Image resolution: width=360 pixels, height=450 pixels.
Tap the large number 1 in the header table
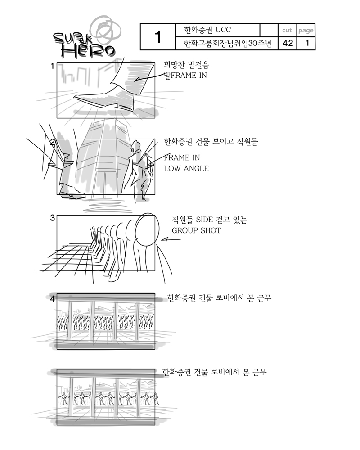pos(158,37)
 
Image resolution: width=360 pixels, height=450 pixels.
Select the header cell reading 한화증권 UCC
pos(207,30)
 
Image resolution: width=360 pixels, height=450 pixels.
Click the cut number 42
pos(288,43)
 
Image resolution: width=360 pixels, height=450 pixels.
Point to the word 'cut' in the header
pos(287,30)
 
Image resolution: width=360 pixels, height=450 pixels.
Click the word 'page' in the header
pos(306,31)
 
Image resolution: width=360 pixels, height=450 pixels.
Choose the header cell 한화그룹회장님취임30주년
pos(227,43)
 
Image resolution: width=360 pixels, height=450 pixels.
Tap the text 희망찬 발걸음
pos(187,65)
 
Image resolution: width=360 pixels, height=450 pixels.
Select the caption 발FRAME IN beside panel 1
pos(185,76)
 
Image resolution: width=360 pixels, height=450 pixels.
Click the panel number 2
pos(53,142)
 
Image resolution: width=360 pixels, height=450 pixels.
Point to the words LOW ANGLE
pos(186,168)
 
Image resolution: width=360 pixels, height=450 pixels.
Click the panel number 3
pos(52,218)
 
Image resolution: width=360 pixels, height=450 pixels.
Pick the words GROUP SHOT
pos(196,230)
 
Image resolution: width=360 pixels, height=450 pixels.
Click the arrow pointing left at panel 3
pos(171,239)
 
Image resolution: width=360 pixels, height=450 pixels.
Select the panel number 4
pos(52,299)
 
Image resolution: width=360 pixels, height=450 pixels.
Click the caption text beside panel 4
pos(219,298)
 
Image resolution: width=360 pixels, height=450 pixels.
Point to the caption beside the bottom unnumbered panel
pos(215,372)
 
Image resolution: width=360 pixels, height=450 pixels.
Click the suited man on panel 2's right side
pos(138,169)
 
